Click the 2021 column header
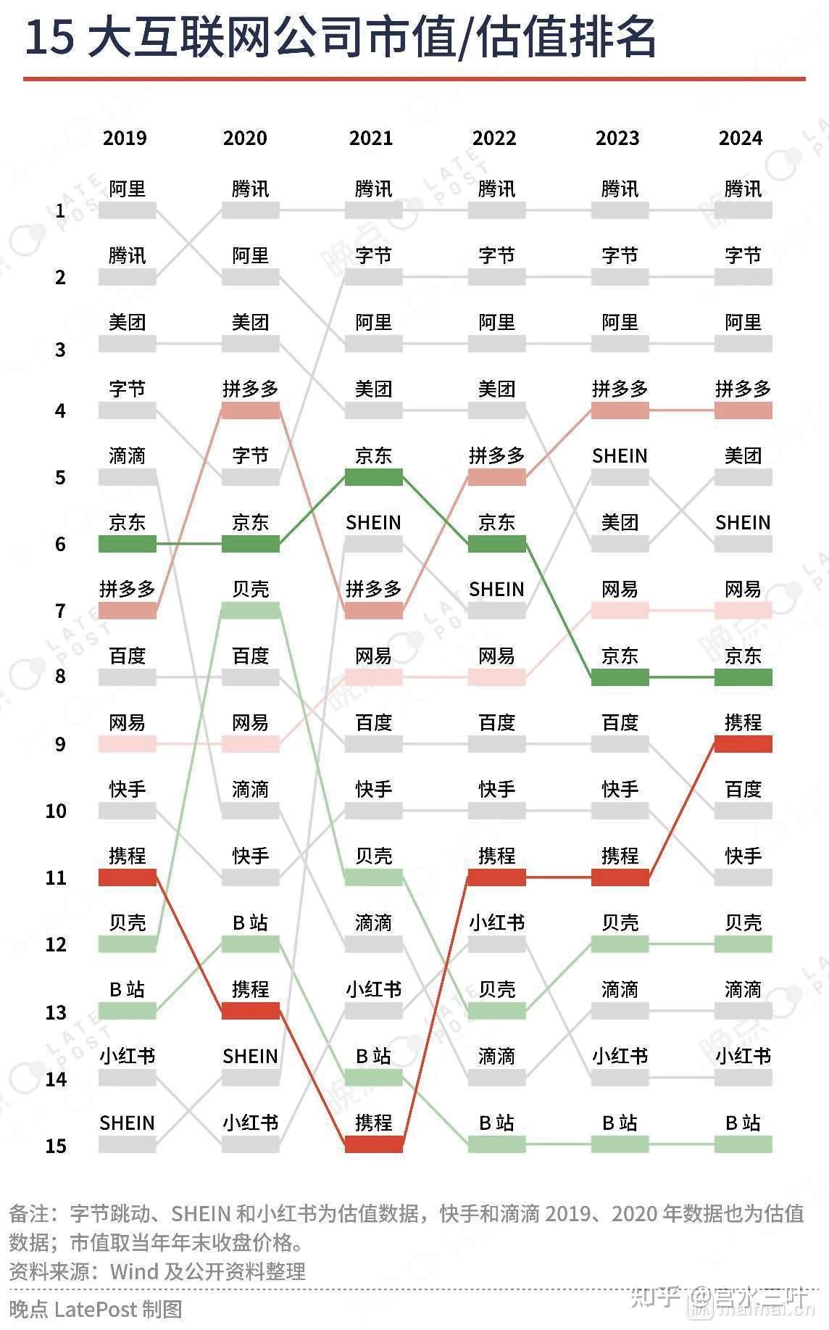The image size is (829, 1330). point(370,138)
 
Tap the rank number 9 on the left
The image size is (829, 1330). point(59,744)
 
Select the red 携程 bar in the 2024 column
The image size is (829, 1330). point(743,744)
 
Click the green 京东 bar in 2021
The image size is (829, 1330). point(373,477)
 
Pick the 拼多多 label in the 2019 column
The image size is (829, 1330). point(128,589)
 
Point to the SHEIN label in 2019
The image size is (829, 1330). point(128,1123)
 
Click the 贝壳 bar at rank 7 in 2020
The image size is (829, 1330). point(250,611)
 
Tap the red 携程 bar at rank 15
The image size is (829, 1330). point(373,1144)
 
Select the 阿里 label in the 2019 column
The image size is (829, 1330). point(128,189)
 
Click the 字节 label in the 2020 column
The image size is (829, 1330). point(250,455)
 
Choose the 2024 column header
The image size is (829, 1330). point(740,138)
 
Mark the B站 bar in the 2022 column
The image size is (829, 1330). point(496,1144)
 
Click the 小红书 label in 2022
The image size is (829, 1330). point(496,922)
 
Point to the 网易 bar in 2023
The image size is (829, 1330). point(620,611)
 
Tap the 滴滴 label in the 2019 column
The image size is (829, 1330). point(128,455)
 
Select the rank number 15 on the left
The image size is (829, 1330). point(56,1146)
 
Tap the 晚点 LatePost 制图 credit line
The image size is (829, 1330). point(95,1309)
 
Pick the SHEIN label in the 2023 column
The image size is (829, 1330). point(620,455)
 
